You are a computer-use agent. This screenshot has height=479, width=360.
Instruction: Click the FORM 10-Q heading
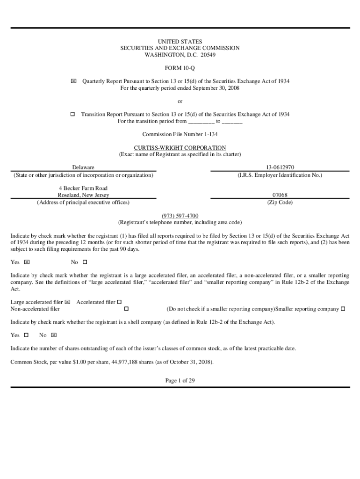pos(180,68)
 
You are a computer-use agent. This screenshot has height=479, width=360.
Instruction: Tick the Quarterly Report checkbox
pos(73,81)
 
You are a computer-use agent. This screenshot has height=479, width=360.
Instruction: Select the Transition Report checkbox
pos(72,114)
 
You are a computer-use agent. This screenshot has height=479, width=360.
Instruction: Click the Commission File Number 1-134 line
pos(180,134)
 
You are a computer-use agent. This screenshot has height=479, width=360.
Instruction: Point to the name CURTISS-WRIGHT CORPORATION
pos(180,148)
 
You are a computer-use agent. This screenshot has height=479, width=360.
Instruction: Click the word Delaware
pos(83,167)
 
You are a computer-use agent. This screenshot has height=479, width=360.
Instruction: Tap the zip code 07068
pos(280,195)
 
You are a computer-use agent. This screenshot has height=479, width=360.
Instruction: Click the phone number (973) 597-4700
pos(180,216)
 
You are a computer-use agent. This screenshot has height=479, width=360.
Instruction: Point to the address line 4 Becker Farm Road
pos(83,188)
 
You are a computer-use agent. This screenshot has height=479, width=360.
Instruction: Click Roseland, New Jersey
pos(83,195)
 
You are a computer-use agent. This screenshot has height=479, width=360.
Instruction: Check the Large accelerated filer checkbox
pos(68,302)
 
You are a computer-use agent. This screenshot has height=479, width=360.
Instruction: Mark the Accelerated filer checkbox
pos(119,302)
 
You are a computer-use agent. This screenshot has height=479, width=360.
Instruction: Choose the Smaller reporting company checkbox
pos(343,309)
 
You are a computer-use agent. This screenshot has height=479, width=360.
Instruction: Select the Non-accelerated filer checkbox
pos(126,309)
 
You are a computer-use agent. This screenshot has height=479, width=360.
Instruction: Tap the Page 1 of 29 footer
pos(180,381)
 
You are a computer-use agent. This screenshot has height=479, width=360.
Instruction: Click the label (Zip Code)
pos(280,202)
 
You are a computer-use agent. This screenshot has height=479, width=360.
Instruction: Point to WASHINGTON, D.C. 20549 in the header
pos(180,55)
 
